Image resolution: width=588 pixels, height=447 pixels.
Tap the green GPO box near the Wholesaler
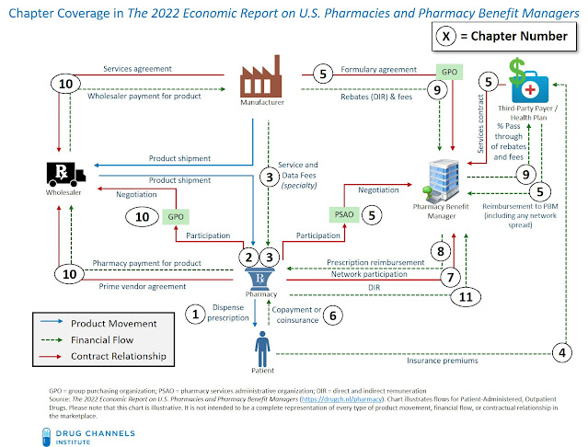coord(174,217)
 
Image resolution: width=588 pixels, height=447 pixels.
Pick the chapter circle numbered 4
coord(560,350)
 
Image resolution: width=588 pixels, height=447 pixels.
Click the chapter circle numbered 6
coord(335,315)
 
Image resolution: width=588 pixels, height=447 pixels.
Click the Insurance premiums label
coord(444,361)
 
